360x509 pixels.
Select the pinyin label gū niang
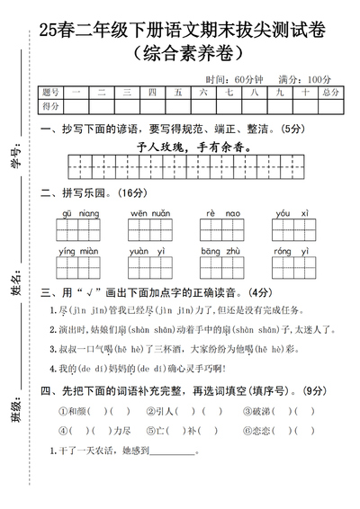(78, 213)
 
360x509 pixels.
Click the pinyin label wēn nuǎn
(149, 213)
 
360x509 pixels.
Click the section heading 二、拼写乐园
(75, 192)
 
